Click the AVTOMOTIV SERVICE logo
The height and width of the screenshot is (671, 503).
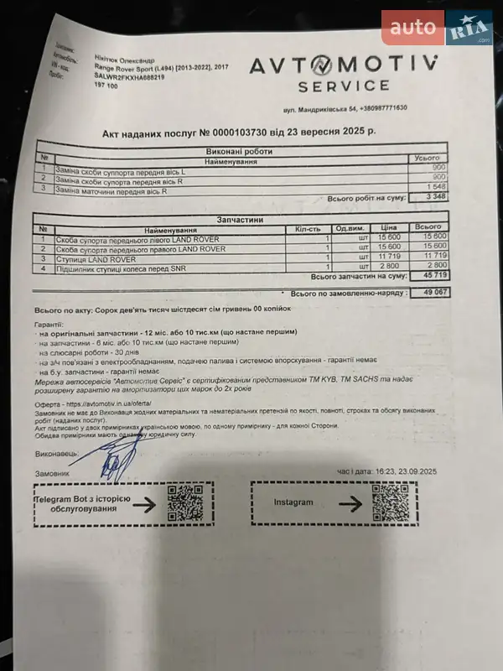click(x=341, y=72)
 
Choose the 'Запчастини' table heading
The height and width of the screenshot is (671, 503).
click(x=239, y=220)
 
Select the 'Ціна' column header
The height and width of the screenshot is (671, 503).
click(x=388, y=228)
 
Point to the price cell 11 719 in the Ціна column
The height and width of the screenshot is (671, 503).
click(x=388, y=257)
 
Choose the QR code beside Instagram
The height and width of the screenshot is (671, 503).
click(x=391, y=502)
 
